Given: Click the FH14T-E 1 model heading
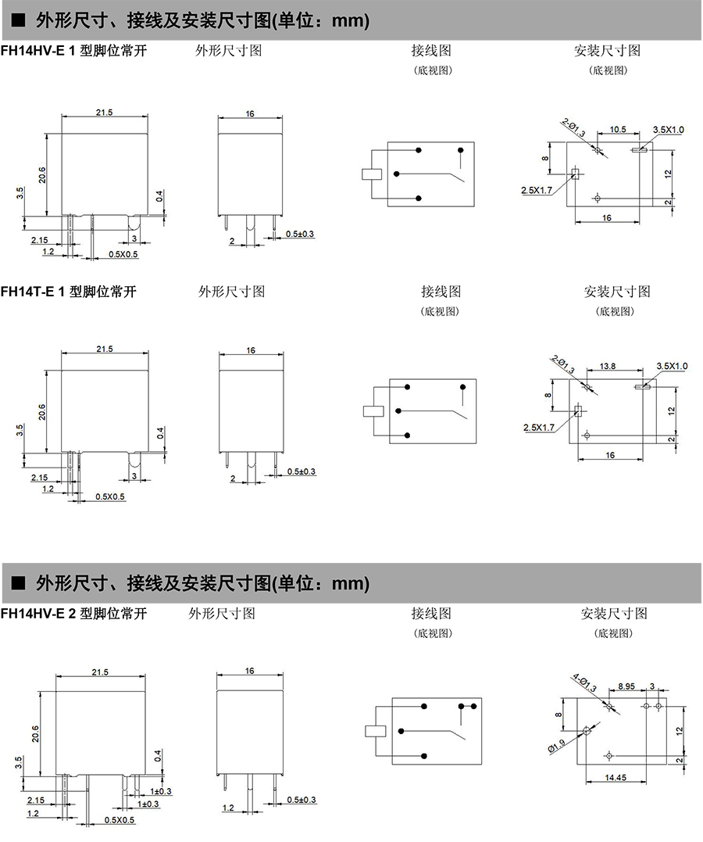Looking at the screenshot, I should [x=69, y=292].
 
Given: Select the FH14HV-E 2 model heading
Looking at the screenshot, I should [x=73, y=614].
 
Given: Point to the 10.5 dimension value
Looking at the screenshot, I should [x=619, y=129].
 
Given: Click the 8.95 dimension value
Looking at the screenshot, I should [x=626, y=686].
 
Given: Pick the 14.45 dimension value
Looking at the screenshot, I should [x=616, y=777].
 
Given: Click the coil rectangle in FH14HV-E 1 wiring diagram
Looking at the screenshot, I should [x=371, y=174].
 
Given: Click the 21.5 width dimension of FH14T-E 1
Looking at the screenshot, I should [x=105, y=349].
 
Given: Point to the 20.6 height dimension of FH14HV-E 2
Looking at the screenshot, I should [x=34, y=733].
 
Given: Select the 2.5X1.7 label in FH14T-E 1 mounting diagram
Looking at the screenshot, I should [x=538, y=427].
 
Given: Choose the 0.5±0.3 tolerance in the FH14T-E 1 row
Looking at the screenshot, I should [x=301, y=471].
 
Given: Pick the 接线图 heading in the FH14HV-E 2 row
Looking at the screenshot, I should [x=431, y=614].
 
